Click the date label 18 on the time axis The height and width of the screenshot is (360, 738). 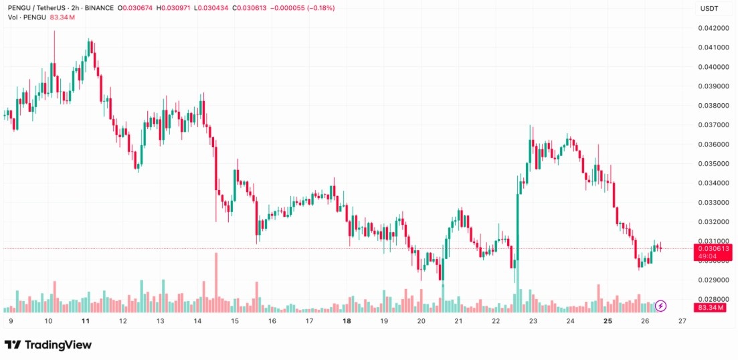[347, 321]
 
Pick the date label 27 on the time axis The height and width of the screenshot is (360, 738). [682, 321]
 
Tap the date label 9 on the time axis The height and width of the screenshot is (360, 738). [11, 321]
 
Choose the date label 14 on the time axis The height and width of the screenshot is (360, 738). [197, 321]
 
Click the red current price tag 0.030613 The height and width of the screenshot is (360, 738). [713, 248]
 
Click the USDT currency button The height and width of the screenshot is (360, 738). [709, 8]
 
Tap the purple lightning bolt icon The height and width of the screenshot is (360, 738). [661, 306]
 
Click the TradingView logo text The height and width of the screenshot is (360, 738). [48, 345]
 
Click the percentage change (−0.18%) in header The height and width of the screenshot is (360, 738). [318, 8]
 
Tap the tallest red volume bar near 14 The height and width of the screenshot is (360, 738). [216, 282]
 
